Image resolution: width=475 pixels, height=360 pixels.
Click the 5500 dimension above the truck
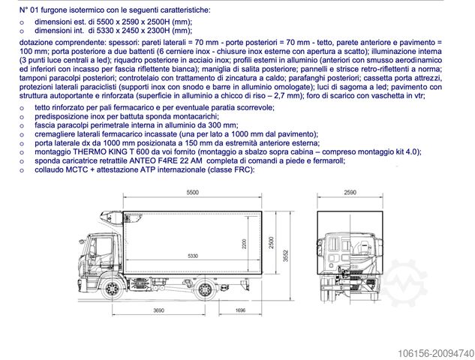[x=193, y=193]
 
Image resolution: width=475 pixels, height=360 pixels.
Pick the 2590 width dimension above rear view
[x=350, y=193]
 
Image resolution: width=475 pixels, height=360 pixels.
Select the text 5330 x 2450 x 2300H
[x=139, y=31]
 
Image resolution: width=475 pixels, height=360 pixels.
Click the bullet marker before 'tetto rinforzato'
[x=23, y=108]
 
